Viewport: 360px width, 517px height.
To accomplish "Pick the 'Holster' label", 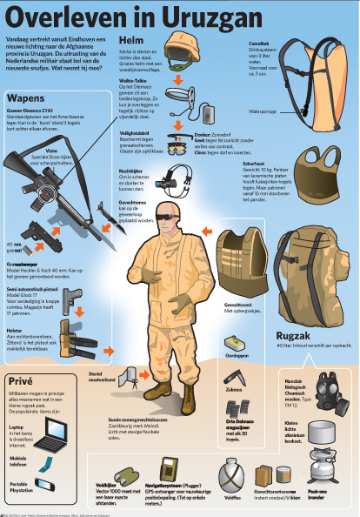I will pos(14,331).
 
